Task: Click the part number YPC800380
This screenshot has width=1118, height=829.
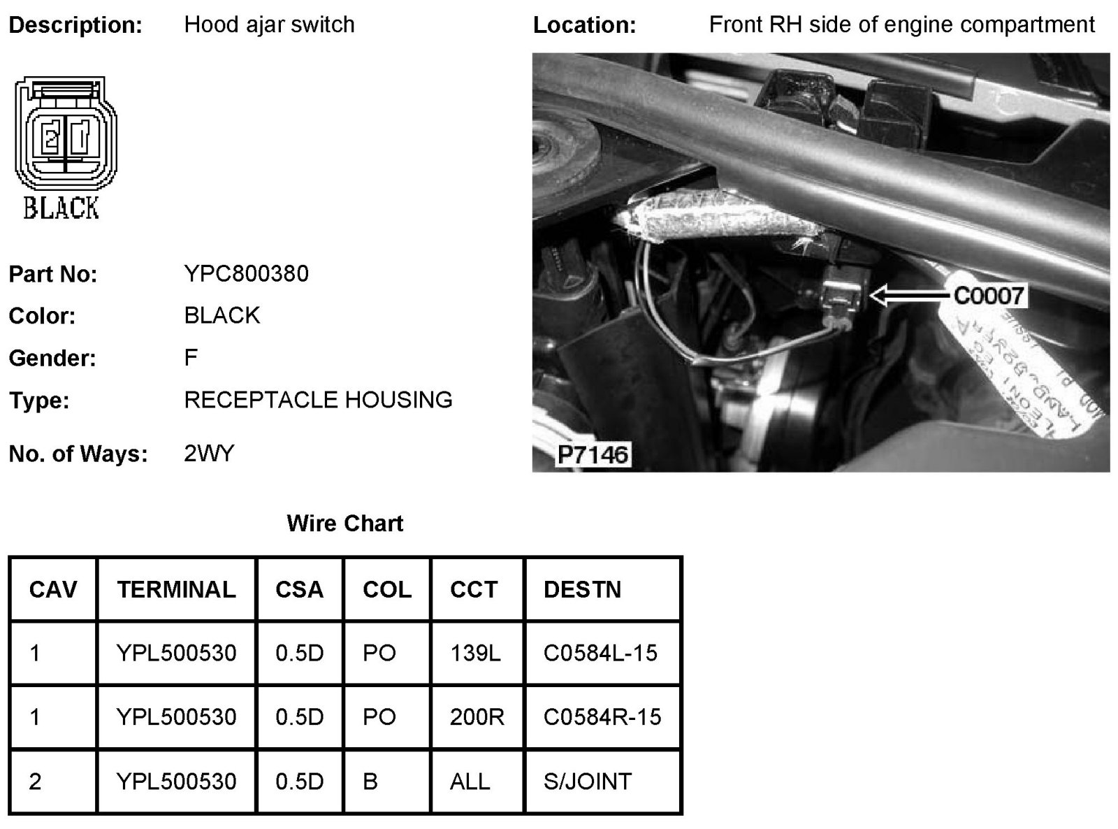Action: (246, 273)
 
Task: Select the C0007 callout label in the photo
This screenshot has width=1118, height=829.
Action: (988, 296)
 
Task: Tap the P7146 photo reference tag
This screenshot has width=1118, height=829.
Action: (593, 455)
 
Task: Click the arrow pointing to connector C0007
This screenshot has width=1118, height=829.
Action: (909, 295)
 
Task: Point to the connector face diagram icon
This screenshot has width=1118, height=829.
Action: (65, 134)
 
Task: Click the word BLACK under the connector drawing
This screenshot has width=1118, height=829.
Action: (61, 208)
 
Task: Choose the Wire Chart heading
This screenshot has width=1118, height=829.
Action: (344, 524)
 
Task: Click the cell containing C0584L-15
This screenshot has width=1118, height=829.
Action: (600, 653)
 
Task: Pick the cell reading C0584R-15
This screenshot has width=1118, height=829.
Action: (602, 717)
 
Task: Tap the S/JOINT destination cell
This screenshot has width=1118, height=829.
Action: (587, 781)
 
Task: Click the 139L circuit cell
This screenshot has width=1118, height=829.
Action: (475, 653)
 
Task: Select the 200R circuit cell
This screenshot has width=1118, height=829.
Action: (477, 717)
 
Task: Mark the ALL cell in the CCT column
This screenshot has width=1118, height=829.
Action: (470, 781)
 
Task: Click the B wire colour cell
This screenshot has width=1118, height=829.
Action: (370, 781)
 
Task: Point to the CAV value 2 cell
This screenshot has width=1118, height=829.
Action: (35, 781)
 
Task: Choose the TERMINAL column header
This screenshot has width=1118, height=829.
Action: (176, 589)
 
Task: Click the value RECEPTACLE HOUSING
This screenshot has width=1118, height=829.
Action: (318, 400)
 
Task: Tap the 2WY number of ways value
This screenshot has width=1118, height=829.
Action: (209, 454)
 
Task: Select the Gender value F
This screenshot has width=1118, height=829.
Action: (191, 358)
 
